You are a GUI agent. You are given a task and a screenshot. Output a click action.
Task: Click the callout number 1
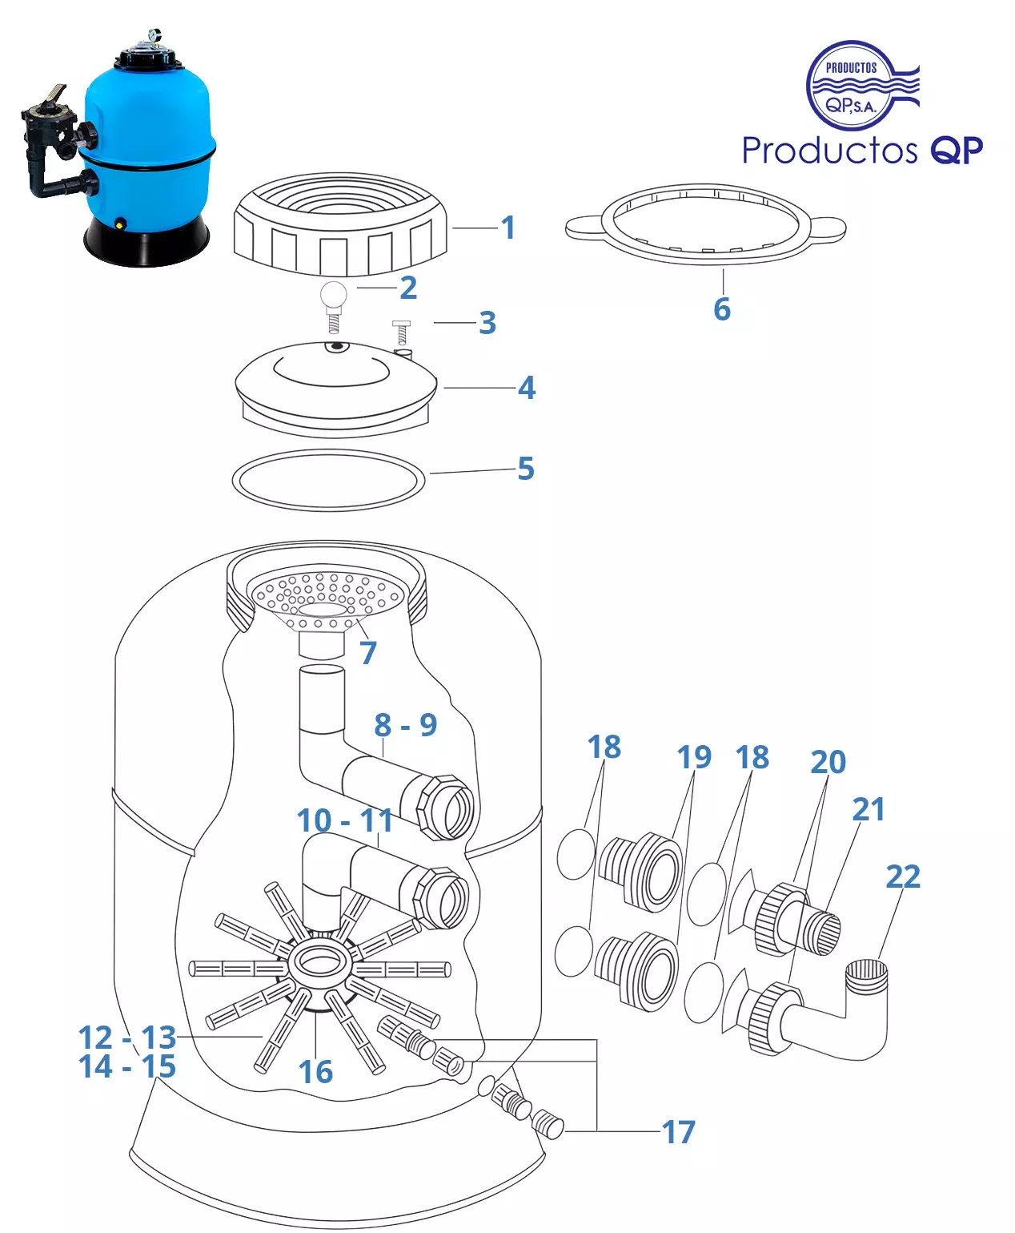pyautogui.click(x=507, y=228)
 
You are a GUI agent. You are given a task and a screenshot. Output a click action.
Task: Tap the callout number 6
pyautogui.click(x=722, y=309)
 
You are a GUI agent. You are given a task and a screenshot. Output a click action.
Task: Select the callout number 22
pyautogui.click(x=903, y=876)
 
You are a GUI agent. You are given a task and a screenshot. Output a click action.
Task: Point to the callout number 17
pyautogui.click(x=679, y=1132)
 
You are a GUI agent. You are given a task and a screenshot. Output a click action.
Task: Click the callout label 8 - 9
pyautogui.click(x=405, y=725)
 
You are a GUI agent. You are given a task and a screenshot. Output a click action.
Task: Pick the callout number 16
pyautogui.click(x=315, y=1072)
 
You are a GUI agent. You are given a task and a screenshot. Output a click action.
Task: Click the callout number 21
pyautogui.click(x=869, y=809)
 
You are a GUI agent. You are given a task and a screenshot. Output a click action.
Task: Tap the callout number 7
pyautogui.click(x=367, y=653)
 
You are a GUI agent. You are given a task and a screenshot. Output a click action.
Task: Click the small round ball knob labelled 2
pyautogui.click(x=333, y=295)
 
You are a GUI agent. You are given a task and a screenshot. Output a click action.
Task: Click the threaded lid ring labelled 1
pyautogui.click(x=341, y=227)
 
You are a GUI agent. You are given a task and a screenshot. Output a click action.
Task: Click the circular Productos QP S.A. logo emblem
pyautogui.click(x=852, y=87)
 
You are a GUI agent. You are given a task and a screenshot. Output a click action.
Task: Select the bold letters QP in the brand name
pyautogui.click(x=957, y=150)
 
